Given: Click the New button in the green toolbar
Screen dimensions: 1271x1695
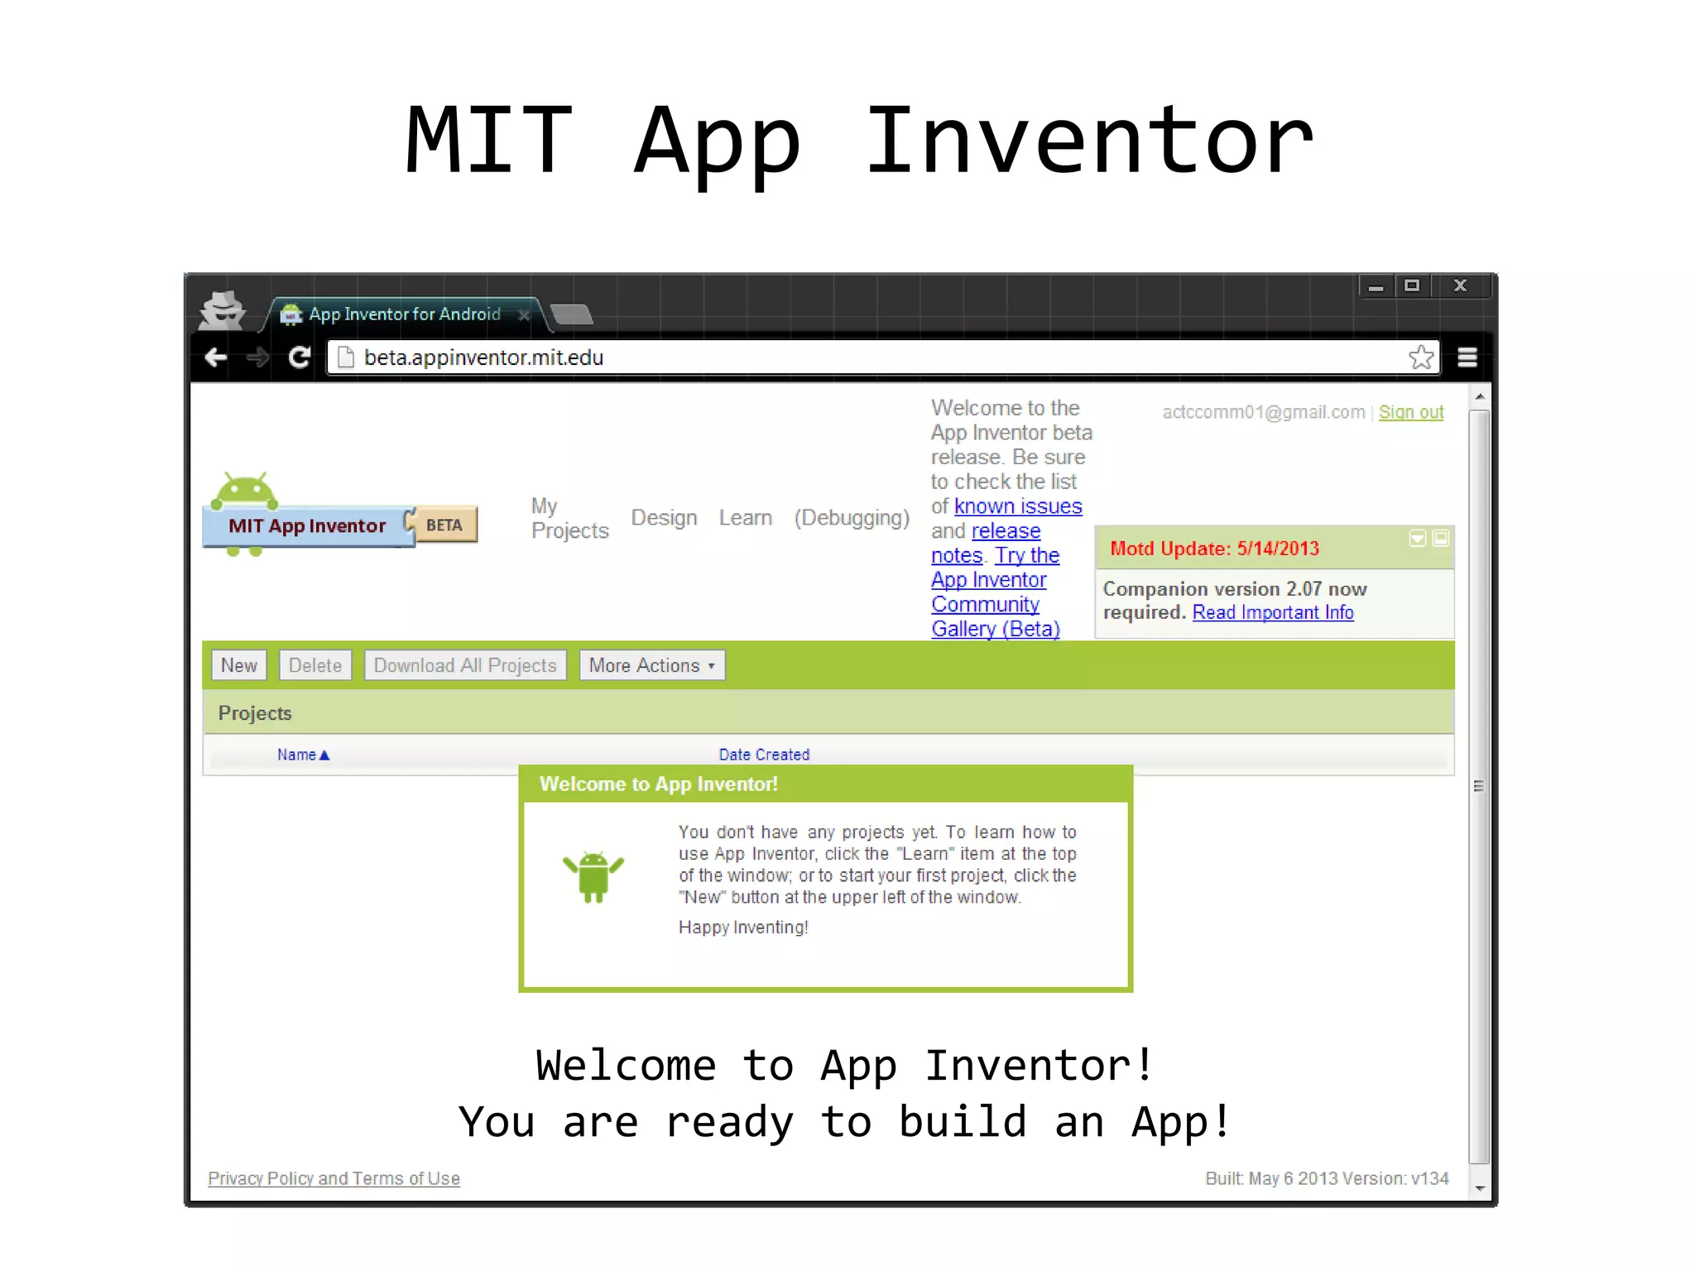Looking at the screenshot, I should pyautogui.click(x=238, y=665).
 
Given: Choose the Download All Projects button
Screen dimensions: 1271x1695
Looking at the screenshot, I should pyautogui.click(x=465, y=665).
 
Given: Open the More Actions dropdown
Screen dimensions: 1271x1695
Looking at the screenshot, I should pyautogui.click(x=651, y=665).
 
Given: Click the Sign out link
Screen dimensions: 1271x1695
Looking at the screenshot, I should pyautogui.click(x=1410, y=412).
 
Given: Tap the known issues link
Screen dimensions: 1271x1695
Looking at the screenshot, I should pyautogui.click(x=1017, y=506).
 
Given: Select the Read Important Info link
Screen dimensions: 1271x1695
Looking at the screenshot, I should pyautogui.click(x=1272, y=612).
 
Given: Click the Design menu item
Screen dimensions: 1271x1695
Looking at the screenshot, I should pyautogui.click(x=664, y=518).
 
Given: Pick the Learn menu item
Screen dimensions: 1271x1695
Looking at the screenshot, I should pyautogui.click(x=745, y=518).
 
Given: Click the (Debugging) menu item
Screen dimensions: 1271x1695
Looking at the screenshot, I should pyautogui.click(x=852, y=518).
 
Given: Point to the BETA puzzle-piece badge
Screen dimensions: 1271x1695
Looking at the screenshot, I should pyautogui.click(x=444, y=525).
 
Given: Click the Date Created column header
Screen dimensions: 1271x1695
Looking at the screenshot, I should pyautogui.click(x=764, y=755).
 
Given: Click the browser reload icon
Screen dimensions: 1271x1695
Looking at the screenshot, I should pyautogui.click(x=299, y=357).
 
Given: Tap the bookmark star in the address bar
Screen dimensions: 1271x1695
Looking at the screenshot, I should pyautogui.click(x=1420, y=357).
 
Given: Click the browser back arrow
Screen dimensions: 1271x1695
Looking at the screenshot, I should pyautogui.click(x=215, y=357).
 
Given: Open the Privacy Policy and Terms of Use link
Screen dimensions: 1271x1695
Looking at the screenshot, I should pyautogui.click(x=334, y=1178).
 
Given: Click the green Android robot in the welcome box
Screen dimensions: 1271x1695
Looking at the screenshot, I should pyautogui.click(x=593, y=875).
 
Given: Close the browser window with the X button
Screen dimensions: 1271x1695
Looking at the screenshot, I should pyautogui.click(x=1460, y=286).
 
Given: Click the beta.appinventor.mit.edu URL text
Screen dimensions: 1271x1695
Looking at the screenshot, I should pyautogui.click(x=483, y=357).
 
